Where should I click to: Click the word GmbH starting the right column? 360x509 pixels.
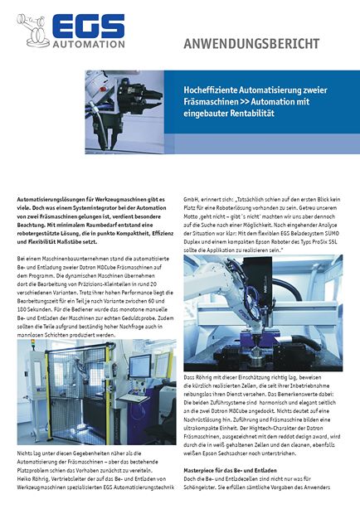[190, 200]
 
